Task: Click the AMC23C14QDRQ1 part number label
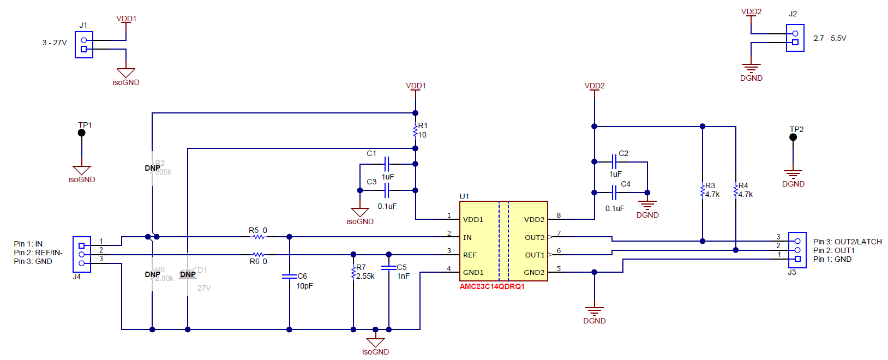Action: coord(492,286)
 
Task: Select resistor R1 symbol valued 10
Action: coord(416,131)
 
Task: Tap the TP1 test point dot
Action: coord(82,133)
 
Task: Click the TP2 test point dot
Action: coord(793,137)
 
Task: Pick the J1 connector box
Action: coord(84,45)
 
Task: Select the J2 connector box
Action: coord(795,38)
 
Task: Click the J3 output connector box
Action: coord(797,250)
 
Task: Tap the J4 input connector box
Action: coord(82,254)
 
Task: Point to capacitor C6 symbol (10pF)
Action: coord(289,276)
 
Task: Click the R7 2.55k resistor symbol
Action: coord(353,272)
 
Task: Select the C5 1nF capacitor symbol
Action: coord(388,267)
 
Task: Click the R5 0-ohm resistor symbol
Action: coord(258,237)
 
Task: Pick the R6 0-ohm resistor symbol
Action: coord(258,254)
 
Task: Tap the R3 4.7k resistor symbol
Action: coord(703,190)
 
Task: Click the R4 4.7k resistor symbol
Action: coord(736,190)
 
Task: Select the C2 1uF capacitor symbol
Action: coord(614,161)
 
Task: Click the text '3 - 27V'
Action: coord(55,43)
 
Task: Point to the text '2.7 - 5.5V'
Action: coord(830,38)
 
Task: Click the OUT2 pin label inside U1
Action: coord(535,237)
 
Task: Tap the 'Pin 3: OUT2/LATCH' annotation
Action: coord(847,242)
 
